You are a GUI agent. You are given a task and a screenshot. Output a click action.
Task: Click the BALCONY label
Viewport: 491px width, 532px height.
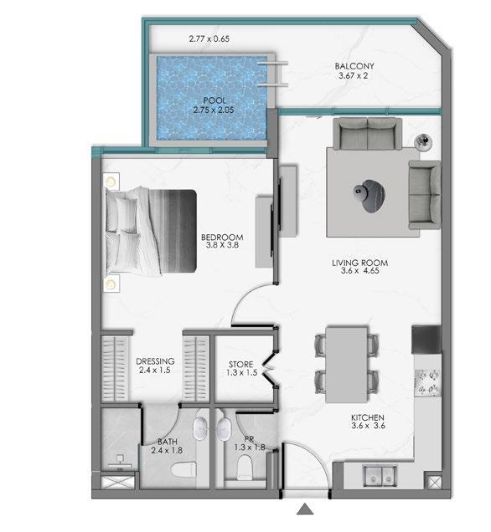point(354,66)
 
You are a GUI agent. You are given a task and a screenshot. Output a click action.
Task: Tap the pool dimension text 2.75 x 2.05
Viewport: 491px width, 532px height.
point(214,110)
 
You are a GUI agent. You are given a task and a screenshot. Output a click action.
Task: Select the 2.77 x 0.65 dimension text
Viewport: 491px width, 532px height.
point(209,38)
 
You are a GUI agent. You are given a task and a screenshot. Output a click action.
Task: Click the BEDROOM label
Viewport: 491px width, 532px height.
point(222,238)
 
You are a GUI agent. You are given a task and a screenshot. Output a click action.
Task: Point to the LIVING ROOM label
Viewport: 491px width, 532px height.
point(359,263)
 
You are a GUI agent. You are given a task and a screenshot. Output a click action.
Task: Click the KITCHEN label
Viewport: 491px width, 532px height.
point(368,417)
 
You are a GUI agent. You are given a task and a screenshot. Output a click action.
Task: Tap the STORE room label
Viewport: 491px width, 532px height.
point(241,365)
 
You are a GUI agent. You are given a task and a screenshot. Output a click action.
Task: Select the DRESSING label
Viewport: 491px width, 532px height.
point(155,361)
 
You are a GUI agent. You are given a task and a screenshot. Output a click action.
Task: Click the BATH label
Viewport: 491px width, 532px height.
point(168,442)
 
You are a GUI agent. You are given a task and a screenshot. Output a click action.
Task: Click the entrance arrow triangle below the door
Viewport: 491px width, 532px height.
point(305,509)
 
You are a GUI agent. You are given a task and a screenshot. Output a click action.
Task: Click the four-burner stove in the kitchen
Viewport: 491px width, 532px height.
point(428,382)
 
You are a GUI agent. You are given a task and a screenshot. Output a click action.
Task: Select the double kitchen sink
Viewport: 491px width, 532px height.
point(380,476)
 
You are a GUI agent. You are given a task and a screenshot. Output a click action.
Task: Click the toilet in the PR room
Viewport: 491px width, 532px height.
point(245,468)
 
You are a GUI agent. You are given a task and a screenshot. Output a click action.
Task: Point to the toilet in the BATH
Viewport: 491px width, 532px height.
point(183,470)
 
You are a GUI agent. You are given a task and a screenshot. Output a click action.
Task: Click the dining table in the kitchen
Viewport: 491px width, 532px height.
point(347,365)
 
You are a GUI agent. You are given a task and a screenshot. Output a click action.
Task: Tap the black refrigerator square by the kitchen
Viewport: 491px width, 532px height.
point(426,340)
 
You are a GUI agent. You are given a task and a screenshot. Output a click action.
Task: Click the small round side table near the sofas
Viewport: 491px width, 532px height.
point(423,141)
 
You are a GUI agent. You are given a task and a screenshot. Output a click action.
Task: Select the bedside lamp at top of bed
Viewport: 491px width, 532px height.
point(111,182)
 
